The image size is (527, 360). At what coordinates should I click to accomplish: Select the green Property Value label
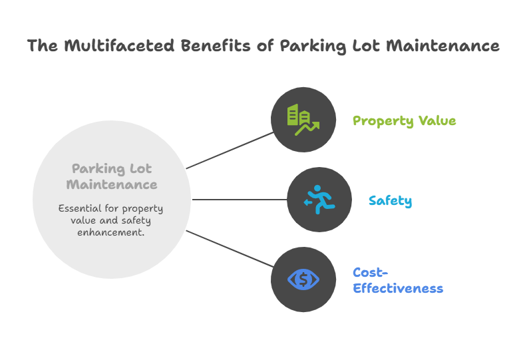[404, 121]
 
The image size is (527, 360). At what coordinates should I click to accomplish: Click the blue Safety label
[390, 201]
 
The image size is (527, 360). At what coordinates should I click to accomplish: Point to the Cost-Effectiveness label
[397, 281]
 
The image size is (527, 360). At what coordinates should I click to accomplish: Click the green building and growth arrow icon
[303, 120]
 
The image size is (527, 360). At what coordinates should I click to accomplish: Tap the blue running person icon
[319, 200]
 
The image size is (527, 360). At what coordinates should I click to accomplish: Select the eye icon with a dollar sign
[303, 279]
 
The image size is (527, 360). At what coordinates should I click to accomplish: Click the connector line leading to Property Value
[230, 150]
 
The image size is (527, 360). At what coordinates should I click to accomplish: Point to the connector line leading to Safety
[240, 200]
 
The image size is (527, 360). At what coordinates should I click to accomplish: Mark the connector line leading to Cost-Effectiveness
[230, 250]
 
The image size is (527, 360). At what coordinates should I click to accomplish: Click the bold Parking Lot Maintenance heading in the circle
[112, 176]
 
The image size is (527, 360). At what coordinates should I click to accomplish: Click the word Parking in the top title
[309, 46]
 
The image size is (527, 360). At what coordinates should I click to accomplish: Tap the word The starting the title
[42, 46]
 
